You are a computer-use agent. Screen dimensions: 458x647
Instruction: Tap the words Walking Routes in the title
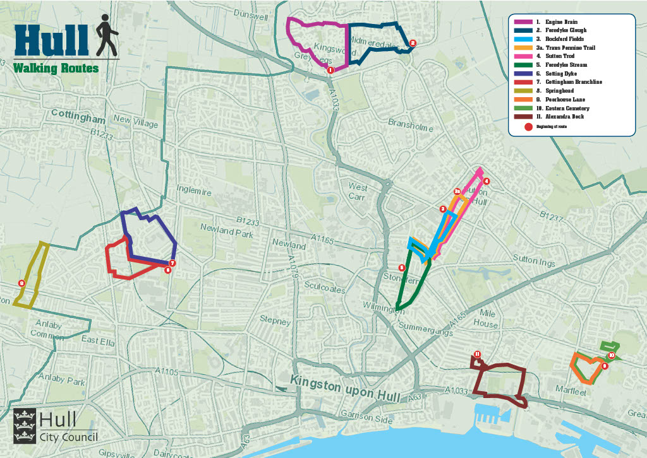(56, 68)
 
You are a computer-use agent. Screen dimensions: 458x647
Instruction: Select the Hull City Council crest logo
(24, 426)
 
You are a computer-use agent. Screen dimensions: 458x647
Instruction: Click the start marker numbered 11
(478, 354)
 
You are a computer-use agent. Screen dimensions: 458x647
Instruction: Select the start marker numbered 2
(413, 43)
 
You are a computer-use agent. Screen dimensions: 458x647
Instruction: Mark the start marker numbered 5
(402, 267)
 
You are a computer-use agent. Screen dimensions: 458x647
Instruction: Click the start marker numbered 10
(611, 355)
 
